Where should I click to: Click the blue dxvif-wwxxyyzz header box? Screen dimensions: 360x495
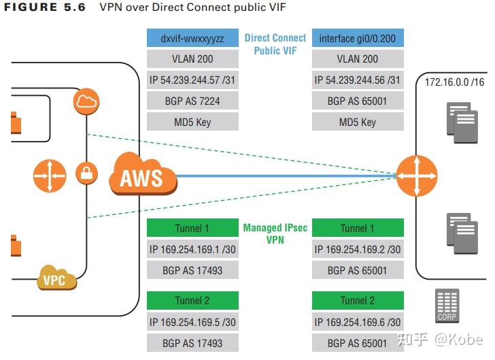pyautogui.click(x=192, y=39)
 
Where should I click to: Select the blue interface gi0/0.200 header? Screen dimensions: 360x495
pyautogui.click(x=358, y=39)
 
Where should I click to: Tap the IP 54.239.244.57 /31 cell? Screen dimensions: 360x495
pyautogui.click(x=192, y=80)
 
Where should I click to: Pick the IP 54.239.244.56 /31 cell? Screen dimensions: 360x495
pyautogui.click(x=358, y=80)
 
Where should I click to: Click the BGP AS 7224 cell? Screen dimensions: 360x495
pyautogui.click(x=192, y=101)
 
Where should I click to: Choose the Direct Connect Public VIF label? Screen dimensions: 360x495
pyautogui.click(x=275, y=44)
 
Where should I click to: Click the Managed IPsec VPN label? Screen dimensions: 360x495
pyautogui.click(x=275, y=233)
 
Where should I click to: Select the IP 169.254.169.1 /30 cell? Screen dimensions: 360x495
pyautogui.click(x=192, y=249)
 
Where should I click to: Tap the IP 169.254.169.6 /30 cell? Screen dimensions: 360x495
pyautogui.click(x=358, y=322)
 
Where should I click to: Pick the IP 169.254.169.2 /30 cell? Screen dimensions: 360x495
pyautogui.click(x=358, y=249)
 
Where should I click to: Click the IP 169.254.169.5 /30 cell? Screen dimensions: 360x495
pyautogui.click(x=192, y=322)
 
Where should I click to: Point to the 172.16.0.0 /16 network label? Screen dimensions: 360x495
pyautogui.click(x=454, y=82)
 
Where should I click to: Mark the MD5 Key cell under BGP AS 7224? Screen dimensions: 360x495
pyautogui.click(x=192, y=122)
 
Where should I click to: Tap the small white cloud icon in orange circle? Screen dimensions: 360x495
pyautogui.click(x=87, y=102)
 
